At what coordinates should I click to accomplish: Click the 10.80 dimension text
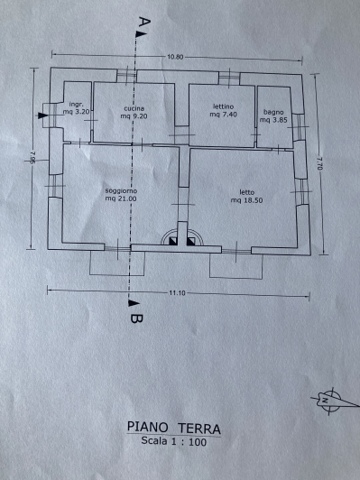[175, 58]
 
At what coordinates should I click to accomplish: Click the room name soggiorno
[120, 191]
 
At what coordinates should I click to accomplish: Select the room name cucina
[134, 109]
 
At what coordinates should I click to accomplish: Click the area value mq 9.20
[134, 116]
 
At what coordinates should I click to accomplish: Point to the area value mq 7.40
[222, 115]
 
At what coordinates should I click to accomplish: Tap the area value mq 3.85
[273, 117]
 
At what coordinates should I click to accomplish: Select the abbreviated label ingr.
[76, 106]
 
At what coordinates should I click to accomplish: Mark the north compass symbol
[328, 398]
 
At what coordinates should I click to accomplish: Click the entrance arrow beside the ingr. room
[45, 115]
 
